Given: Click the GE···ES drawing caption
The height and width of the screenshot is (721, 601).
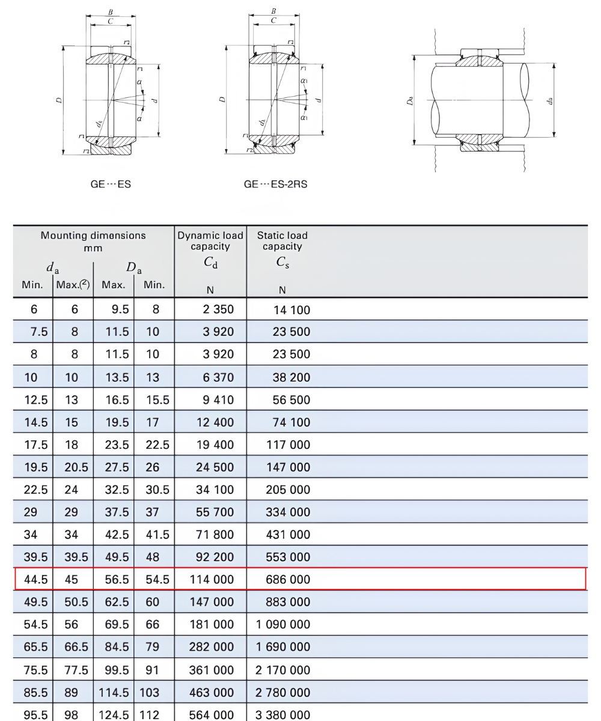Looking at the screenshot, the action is [x=111, y=184].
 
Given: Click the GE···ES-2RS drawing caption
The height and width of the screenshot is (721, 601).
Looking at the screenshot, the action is [x=275, y=184].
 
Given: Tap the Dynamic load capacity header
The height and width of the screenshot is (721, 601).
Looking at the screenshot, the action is [x=210, y=241].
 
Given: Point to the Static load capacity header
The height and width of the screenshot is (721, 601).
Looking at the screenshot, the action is [x=282, y=241].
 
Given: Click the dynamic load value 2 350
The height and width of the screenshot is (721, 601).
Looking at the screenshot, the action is [x=218, y=309].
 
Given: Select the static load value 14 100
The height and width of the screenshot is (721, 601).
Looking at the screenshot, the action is [x=292, y=310].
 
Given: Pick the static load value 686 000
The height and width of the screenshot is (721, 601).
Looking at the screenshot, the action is [x=288, y=579].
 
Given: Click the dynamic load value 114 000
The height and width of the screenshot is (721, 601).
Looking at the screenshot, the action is [x=212, y=579].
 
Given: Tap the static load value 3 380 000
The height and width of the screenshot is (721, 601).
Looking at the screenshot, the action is [x=282, y=714].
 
